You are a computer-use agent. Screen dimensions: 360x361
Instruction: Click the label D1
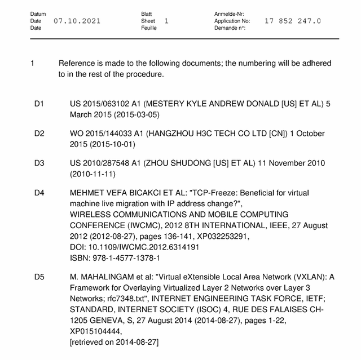tap(39, 105)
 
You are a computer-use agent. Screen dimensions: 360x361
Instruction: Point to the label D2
tap(39, 134)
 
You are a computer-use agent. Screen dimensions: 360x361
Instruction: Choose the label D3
tap(39, 163)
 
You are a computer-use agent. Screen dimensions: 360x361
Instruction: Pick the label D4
tap(39, 193)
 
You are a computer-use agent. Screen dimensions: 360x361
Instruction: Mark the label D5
tap(39, 277)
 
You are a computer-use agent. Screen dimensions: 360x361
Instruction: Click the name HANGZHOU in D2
tap(173, 134)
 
